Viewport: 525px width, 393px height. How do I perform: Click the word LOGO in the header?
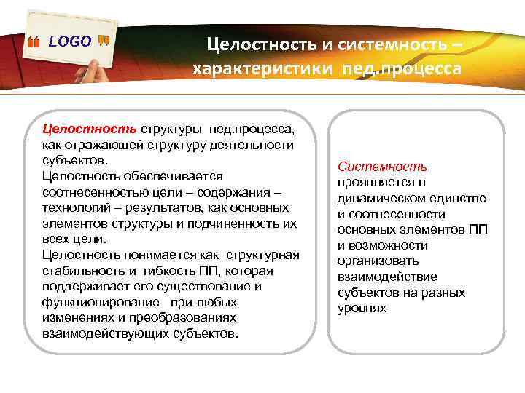click(70, 41)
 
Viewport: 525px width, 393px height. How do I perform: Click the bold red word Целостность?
click(90, 130)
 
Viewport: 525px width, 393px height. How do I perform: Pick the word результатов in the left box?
click(153, 208)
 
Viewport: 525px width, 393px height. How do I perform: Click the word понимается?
click(147, 255)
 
